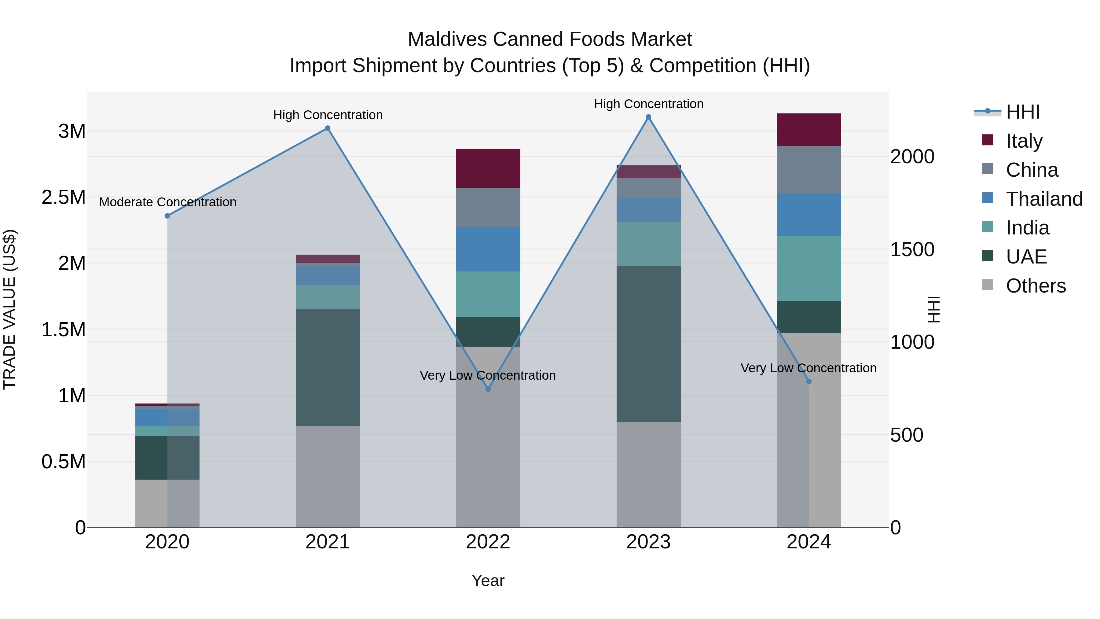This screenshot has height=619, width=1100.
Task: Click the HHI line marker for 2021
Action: [x=328, y=128]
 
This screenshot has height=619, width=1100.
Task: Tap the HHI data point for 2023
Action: [x=648, y=117]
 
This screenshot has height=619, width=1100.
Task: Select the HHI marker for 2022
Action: [x=488, y=389]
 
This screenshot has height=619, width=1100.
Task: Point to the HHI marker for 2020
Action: [x=167, y=216]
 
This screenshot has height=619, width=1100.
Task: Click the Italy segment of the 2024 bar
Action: [x=809, y=130]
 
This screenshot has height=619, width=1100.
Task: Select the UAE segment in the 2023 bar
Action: [x=648, y=344]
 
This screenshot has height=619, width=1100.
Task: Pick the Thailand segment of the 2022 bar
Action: [x=488, y=249]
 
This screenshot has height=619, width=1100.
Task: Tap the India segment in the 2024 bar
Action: [x=809, y=268]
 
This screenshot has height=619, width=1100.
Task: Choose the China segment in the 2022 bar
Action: [x=488, y=207]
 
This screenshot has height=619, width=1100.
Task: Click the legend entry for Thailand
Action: [x=1044, y=199]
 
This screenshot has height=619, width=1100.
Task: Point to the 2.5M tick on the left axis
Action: [x=64, y=197]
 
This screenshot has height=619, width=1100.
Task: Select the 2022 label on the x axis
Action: [x=488, y=542]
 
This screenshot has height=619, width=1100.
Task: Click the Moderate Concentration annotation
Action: [x=167, y=202]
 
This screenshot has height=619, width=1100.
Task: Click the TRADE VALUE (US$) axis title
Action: [x=9, y=309]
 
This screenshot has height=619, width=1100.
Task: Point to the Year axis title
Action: [x=488, y=580]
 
